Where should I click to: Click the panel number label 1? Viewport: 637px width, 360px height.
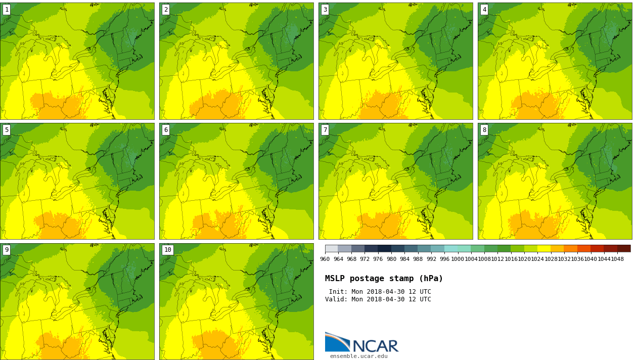[7, 10]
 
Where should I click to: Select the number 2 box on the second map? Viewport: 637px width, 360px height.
[166, 10]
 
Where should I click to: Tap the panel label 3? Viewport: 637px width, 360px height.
[325, 10]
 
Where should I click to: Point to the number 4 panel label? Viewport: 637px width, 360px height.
[484, 10]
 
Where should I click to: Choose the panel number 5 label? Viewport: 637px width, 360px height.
[7, 130]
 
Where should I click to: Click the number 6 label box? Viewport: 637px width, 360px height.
[166, 130]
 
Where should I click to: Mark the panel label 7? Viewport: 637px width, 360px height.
[325, 130]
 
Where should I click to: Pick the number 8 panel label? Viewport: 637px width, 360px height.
[484, 130]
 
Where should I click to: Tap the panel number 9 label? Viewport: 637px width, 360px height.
[7, 250]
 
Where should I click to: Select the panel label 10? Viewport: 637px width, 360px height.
[167, 250]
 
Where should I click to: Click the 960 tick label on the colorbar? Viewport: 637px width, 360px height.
[325, 259]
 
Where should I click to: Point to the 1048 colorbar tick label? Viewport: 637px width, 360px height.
[617, 259]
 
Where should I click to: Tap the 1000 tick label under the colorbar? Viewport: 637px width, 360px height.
[458, 259]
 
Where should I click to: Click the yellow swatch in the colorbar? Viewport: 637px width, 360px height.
[543, 248]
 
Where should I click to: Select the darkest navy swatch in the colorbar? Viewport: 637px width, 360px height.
[385, 248]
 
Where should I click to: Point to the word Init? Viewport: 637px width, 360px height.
[338, 292]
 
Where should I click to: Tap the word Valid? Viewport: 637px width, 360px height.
[336, 299]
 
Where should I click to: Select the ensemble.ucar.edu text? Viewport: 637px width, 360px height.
[359, 356]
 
